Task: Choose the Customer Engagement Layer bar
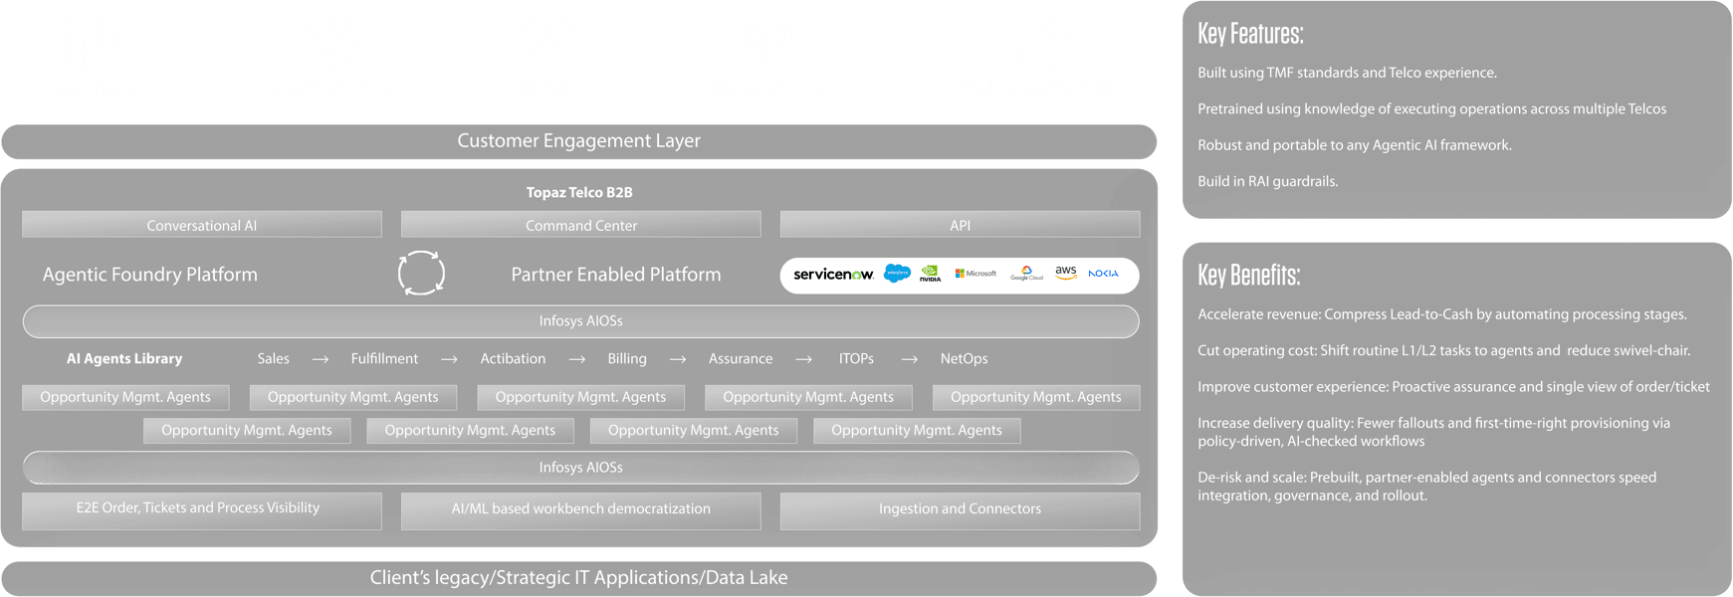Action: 578,141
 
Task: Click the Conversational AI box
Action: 201,225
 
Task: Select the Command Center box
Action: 580,225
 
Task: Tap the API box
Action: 960,225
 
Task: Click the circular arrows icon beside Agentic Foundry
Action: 421,274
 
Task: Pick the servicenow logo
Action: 833,275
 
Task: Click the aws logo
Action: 1066,273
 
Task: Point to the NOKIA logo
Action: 1103,274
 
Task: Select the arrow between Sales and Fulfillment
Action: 320,359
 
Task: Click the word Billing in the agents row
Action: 627,359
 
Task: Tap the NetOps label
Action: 964,359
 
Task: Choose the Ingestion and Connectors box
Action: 960,509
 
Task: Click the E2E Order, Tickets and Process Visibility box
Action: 201,509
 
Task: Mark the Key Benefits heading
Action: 1248,276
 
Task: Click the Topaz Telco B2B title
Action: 579,192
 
